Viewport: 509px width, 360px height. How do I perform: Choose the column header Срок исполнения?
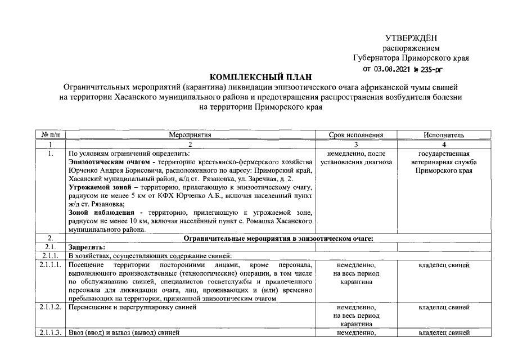point(355,135)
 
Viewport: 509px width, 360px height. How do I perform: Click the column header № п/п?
point(51,135)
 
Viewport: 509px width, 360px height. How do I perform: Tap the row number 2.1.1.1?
point(51,263)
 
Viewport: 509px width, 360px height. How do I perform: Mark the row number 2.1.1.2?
point(51,308)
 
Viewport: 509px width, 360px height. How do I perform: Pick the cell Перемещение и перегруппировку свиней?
point(132,308)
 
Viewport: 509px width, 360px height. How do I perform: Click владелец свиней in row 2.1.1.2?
point(444,308)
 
